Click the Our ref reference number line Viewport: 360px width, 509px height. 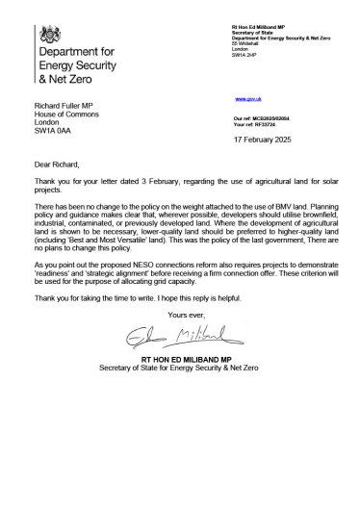[263, 116]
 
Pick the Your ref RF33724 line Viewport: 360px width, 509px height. [254, 123]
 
